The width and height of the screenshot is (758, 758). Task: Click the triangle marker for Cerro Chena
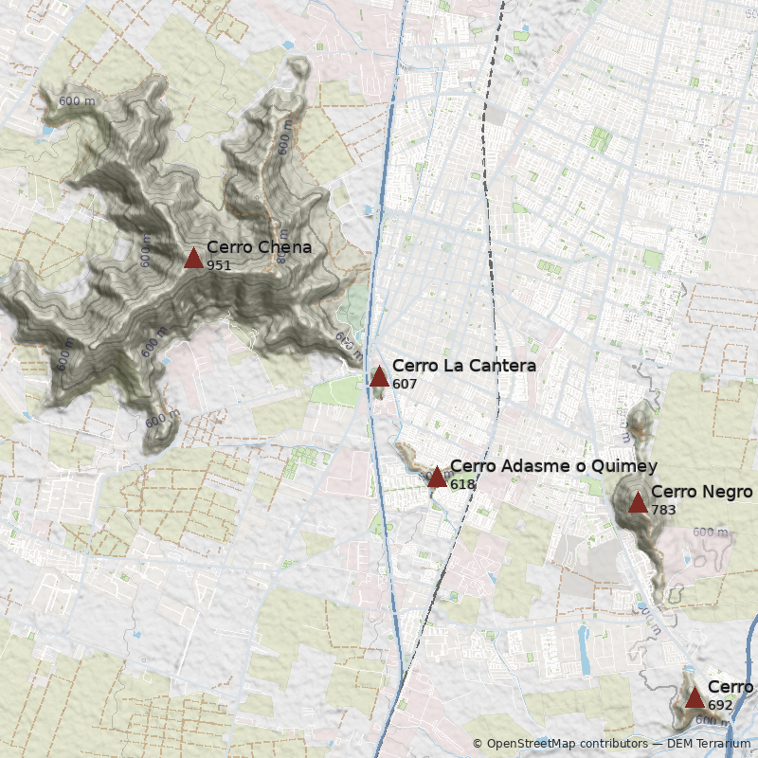click(x=193, y=258)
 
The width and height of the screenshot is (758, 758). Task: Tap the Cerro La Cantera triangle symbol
click(x=379, y=377)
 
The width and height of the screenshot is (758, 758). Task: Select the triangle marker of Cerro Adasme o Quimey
click(x=437, y=478)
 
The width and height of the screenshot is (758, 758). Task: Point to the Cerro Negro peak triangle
click(x=638, y=502)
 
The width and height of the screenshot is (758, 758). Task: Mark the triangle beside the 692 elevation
click(x=695, y=698)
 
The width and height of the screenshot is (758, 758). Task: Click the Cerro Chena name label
click(x=259, y=248)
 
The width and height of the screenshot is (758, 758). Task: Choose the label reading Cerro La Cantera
click(x=463, y=366)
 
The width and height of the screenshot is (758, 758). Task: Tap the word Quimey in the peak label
click(x=626, y=466)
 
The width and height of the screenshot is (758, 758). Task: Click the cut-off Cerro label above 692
click(x=731, y=687)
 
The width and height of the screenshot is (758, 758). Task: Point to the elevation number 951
click(x=219, y=265)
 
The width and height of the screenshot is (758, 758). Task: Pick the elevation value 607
click(x=405, y=384)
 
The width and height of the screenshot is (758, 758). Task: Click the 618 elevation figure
click(x=462, y=484)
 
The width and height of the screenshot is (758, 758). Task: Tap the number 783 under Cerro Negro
click(x=663, y=509)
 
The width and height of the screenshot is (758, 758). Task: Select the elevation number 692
click(x=720, y=705)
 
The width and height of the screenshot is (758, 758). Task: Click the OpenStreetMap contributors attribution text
click(x=566, y=744)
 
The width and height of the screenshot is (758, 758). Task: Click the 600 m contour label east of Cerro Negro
click(x=710, y=532)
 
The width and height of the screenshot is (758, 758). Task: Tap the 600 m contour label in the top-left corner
click(x=77, y=101)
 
